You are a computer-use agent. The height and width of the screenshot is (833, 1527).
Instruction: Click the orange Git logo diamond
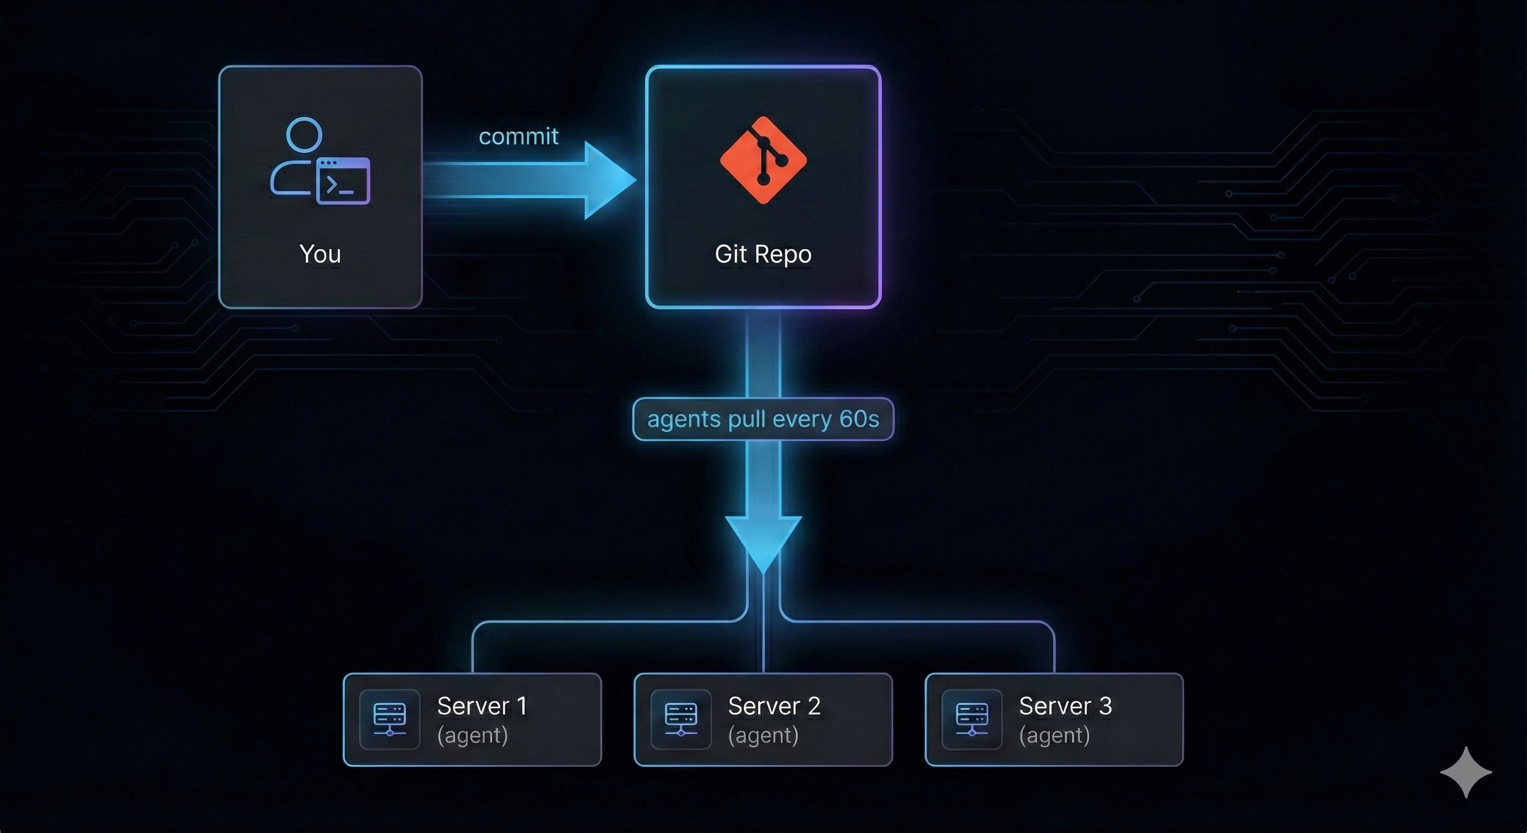(763, 160)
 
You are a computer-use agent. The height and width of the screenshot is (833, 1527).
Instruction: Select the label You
(320, 254)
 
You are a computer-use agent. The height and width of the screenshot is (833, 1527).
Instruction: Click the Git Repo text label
(763, 254)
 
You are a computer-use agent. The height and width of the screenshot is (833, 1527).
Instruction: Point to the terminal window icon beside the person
(343, 182)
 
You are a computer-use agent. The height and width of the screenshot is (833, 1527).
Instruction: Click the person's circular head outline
(304, 135)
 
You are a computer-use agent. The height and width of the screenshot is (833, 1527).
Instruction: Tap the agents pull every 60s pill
(763, 419)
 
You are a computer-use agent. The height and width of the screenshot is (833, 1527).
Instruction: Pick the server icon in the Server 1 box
(389, 719)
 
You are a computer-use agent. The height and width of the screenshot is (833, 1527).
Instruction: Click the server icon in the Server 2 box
(681, 719)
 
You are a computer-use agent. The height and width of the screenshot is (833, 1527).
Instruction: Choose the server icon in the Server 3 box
(972, 719)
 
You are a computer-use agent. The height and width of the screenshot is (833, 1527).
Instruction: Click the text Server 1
(482, 706)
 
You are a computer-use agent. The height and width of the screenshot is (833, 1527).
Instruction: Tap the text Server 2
(774, 706)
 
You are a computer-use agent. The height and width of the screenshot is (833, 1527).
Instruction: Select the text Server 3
(1064, 706)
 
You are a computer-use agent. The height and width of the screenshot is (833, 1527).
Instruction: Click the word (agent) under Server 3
(1054, 735)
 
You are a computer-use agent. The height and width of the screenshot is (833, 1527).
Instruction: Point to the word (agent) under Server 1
(472, 735)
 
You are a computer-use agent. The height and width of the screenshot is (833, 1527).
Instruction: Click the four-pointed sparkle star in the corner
(1465, 772)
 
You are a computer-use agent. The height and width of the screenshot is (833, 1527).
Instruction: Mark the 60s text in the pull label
(859, 419)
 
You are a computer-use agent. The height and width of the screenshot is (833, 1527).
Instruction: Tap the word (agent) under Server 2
(763, 735)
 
